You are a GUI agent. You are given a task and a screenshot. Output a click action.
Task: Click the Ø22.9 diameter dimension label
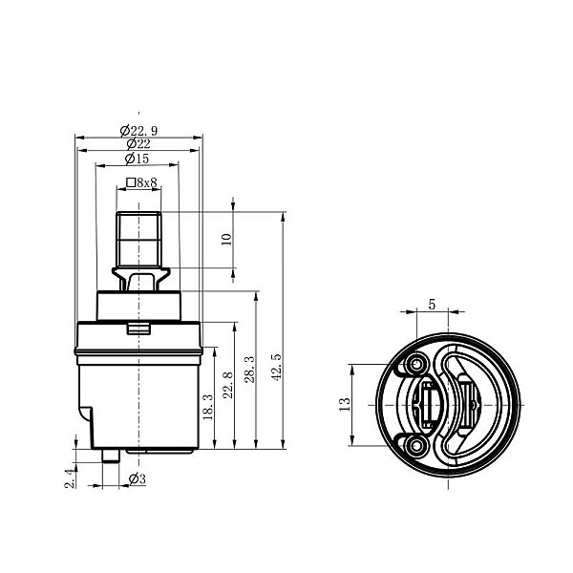pos(138,130)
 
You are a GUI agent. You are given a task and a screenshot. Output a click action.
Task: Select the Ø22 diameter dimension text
pos(138,143)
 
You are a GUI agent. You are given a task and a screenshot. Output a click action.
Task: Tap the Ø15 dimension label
pos(137,159)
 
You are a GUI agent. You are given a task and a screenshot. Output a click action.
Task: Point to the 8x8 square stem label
pos(146,182)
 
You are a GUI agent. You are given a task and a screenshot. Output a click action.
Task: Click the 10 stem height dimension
pos(227,239)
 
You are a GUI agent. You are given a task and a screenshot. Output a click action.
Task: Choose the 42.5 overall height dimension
pos(277,368)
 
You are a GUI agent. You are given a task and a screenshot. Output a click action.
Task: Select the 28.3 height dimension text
pos(250,370)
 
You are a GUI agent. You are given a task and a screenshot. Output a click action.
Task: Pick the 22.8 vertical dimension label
pos(228,385)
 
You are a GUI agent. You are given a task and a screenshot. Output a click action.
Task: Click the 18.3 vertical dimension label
pos(208,407)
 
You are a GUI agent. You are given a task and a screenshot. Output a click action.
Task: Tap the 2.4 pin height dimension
pos(70,478)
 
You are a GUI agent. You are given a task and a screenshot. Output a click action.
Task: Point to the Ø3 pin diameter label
pos(138,478)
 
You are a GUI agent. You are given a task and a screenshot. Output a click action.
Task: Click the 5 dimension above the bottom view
pos(433,304)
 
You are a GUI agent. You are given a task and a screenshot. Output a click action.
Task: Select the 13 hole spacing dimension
pos(345,405)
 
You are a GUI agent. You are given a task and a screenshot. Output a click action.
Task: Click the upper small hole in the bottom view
pos(416,364)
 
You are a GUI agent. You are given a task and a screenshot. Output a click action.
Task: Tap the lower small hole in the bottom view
pos(416,445)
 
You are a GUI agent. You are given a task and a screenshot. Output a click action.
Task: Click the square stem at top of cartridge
pos(138,239)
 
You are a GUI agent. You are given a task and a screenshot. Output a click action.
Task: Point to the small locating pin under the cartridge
pos(111,456)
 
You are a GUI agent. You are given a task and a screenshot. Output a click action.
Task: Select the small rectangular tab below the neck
pos(138,328)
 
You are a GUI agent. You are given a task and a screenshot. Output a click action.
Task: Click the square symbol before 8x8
pos(131,182)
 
